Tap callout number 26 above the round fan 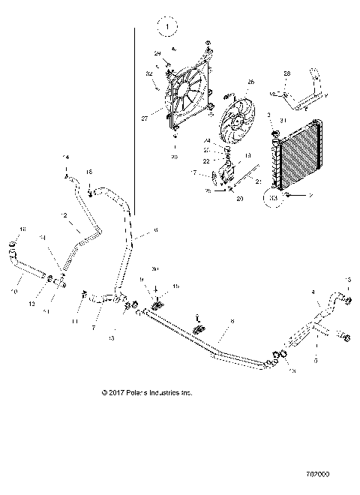[250, 82]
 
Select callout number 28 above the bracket [286, 73]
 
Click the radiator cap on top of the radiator [275, 134]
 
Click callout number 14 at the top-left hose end [65, 157]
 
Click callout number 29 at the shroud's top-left [158, 53]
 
